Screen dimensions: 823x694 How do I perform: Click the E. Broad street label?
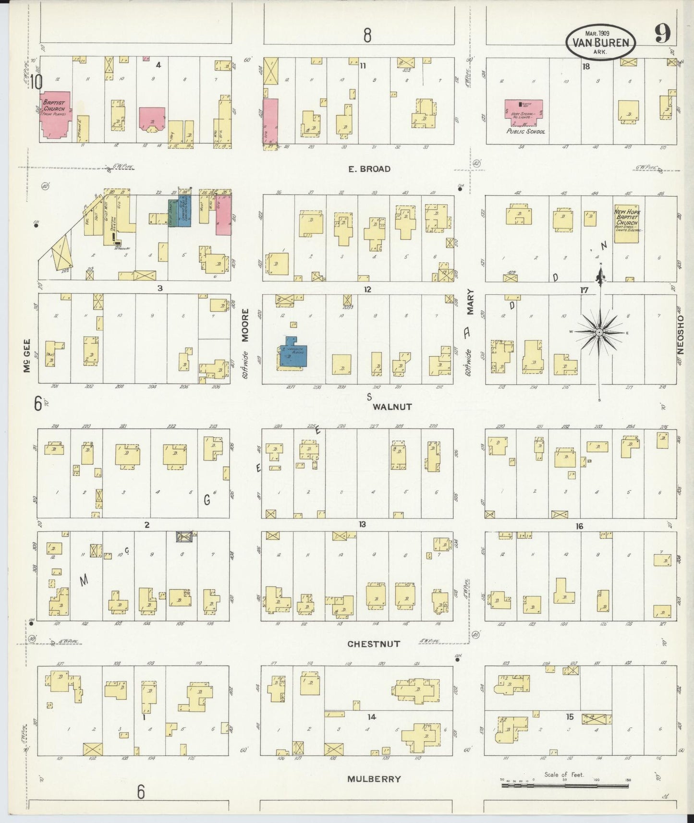coord(368,169)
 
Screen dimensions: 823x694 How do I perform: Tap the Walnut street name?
coord(392,407)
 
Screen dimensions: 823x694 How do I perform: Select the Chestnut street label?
coord(374,644)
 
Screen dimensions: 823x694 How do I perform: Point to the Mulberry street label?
coord(374,779)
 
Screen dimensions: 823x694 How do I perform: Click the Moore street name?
coord(245,325)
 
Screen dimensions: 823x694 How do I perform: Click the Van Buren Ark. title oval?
coord(600,42)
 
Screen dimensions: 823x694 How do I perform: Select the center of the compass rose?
coord(599,332)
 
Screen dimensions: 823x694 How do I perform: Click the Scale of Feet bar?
coord(565,786)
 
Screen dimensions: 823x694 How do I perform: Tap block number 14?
coord(371,717)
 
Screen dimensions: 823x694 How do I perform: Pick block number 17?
coord(584,290)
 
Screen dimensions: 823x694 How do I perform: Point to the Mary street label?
coord(470,302)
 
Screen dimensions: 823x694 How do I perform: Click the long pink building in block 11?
coord(270,121)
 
